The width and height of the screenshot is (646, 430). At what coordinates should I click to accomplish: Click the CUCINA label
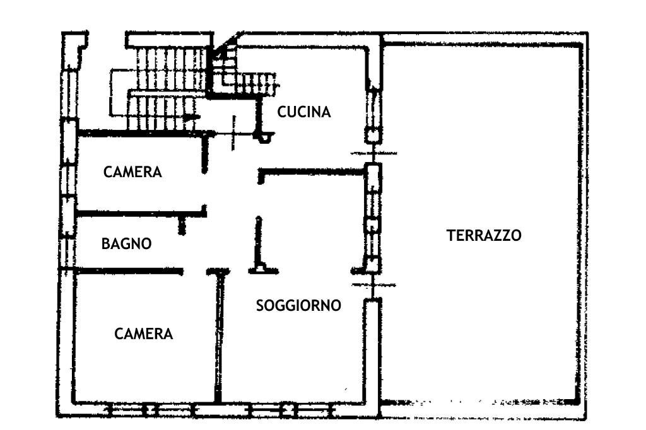(304, 112)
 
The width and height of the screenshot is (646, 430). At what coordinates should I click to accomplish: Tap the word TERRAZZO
(484, 236)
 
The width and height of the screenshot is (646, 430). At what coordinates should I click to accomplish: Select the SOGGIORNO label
(298, 306)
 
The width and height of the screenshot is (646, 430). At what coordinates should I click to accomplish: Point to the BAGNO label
(127, 243)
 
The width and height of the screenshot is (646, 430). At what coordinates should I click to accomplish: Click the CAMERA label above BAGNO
(133, 171)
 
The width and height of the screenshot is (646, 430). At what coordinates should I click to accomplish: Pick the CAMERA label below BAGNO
(144, 334)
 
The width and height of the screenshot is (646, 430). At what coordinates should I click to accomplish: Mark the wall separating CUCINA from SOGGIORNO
(312, 171)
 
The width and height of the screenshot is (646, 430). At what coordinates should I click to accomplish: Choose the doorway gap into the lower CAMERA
(195, 272)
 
